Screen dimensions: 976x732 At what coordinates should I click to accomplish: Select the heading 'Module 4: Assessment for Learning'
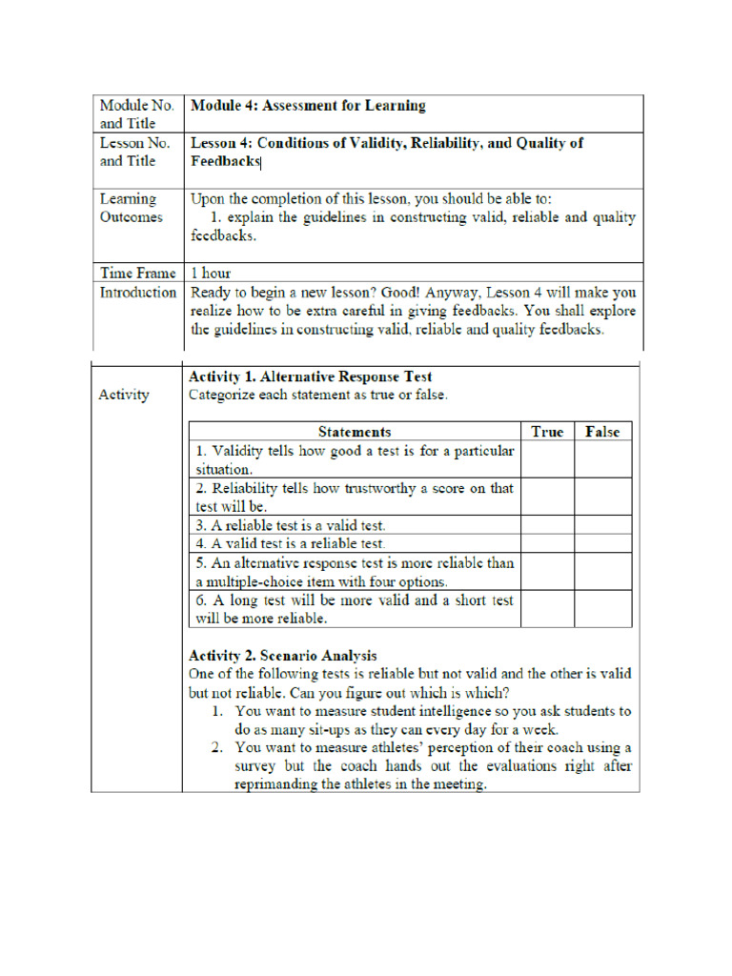tap(308, 106)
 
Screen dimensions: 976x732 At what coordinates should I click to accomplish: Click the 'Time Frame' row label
tap(137, 274)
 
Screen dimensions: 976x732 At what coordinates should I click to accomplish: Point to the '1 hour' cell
tap(211, 274)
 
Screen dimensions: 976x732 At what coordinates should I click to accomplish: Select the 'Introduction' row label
tap(137, 293)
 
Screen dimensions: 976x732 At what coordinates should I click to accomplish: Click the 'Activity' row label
tap(123, 395)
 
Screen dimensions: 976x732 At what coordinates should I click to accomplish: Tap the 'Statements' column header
tap(354, 432)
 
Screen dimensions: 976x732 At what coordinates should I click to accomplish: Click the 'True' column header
tap(547, 432)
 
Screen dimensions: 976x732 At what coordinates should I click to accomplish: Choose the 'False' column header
tap(602, 432)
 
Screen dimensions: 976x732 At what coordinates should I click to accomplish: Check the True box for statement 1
tap(547, 459)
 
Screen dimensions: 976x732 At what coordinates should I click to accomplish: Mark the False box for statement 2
tap(602, 497)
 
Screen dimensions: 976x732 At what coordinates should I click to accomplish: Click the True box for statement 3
tap(547, 525)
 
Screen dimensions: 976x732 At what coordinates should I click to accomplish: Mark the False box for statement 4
tap(602, 543)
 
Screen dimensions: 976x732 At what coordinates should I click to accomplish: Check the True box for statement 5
tap(547, 572)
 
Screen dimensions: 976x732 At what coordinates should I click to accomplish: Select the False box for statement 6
tap(602, 609)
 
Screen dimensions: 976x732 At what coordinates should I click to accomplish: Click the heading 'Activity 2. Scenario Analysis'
tap(282, 655)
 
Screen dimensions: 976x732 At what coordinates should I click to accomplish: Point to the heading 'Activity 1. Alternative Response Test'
tap(310, 376)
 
